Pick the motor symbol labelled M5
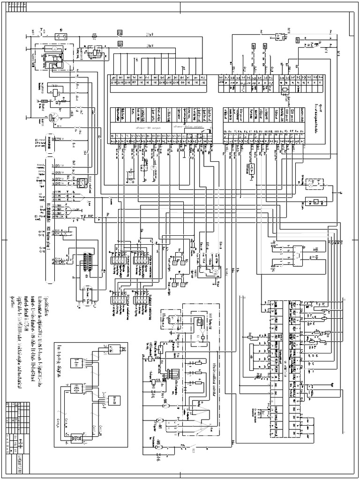click(158, 443)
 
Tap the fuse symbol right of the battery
click(95, 36)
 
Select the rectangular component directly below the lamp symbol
click(317, 202)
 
